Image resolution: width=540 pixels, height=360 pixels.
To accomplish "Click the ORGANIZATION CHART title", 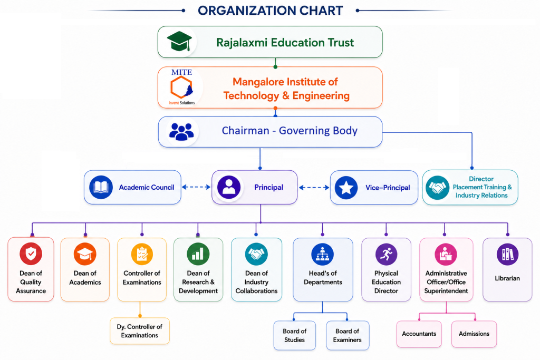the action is tap(271, 11).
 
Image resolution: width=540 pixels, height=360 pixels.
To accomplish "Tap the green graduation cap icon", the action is tap(179, 41).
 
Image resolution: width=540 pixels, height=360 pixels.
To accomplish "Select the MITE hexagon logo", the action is tap(181, 87).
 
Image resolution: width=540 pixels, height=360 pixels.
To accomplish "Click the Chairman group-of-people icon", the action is tap(181, 131).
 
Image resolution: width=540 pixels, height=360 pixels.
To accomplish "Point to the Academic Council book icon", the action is tap(101, 187).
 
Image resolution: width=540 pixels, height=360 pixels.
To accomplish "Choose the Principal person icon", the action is tap(229, 187).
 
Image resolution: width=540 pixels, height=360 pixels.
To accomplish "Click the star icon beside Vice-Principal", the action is tap(346, 188).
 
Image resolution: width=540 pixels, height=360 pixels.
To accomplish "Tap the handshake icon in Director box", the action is tap(437, 188).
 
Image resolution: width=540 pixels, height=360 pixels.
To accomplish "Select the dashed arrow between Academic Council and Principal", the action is tap(196, 187).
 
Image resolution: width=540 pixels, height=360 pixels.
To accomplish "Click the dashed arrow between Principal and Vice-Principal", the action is tap(314, 188).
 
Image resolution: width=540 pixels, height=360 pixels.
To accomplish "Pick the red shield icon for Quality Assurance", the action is tap(31, 254).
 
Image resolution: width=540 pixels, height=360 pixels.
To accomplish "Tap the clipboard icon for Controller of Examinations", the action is tap(142, 254).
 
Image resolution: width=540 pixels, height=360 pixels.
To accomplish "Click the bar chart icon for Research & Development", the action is tap(198, 254).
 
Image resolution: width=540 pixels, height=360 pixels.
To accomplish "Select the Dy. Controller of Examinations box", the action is tap(140, 330).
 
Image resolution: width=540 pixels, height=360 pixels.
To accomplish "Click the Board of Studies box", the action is tap(294, 335).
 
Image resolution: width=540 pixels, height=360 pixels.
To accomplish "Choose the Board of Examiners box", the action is tap(348, 335).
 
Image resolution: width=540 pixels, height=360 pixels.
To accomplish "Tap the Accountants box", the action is tap(419, 334).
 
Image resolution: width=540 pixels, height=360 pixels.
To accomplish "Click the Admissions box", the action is tap(474, 334).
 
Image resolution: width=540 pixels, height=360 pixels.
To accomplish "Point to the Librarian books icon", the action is tap(507, 255).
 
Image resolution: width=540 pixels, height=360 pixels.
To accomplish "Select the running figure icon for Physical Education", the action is tap(386, 255).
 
